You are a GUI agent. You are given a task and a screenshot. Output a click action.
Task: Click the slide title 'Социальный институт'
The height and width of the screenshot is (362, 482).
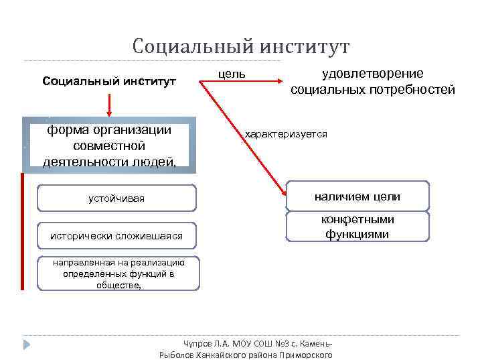click(241, 47)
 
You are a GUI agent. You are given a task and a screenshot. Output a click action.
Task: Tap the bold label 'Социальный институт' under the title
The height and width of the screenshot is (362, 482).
click(109, 82)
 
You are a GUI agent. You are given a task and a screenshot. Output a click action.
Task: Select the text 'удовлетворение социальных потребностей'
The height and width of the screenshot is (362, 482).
click(373, 82)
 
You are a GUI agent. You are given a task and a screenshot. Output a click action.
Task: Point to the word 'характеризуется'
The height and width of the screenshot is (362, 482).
click(286, 135)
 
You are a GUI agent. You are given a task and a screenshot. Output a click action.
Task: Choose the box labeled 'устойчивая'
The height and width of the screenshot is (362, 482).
click(116, 198)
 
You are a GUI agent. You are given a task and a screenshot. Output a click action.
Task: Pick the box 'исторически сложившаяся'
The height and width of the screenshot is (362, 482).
click(116, 235)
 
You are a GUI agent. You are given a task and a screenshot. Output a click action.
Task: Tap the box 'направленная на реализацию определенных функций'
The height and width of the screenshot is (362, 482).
click(118, 274)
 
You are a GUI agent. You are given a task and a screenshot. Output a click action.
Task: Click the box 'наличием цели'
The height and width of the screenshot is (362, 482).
click(357, 196)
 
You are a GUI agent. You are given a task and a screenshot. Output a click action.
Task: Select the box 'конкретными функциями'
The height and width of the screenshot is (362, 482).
click(357, 227)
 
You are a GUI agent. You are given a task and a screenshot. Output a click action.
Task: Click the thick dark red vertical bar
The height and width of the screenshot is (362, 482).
click(22, 231)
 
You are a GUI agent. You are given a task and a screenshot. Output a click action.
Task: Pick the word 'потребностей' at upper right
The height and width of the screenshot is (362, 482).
click(416, 90)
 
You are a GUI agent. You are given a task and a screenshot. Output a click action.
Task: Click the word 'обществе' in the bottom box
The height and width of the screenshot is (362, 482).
click(118, 284)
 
